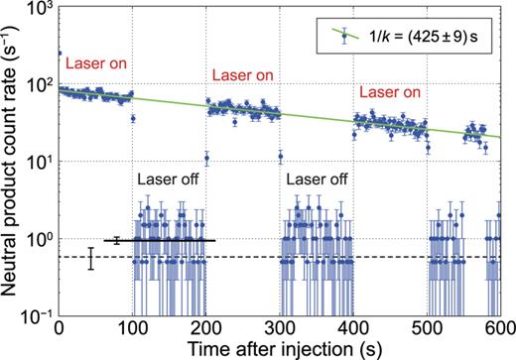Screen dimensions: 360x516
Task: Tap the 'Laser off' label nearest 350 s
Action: click(x=317, y=180)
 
